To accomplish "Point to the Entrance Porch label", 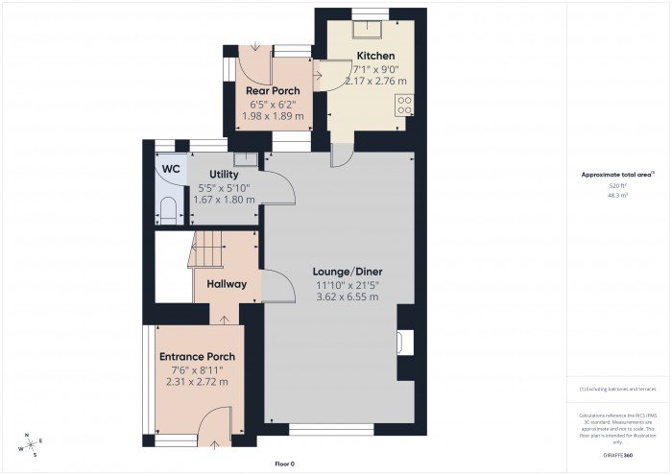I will (197, 357).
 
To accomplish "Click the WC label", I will (171, 169).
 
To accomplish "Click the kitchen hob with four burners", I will (404, 105).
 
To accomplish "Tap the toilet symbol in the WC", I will (167, 210).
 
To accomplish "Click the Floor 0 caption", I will (284, 464).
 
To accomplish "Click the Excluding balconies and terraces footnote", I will (617, 389).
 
